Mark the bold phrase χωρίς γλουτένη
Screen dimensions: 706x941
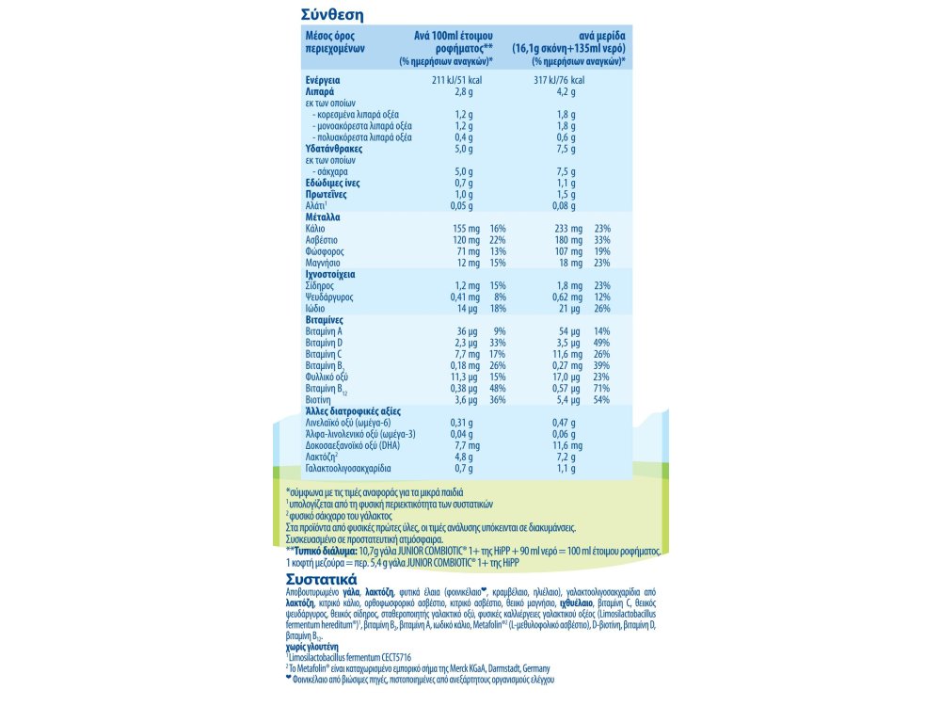click(311, 648)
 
